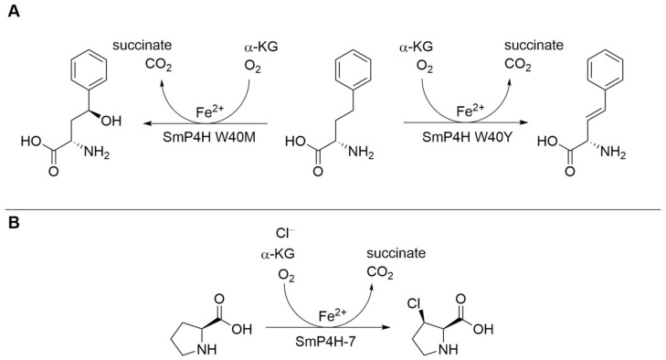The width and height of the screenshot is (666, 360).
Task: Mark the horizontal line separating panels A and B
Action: point(333,210)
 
